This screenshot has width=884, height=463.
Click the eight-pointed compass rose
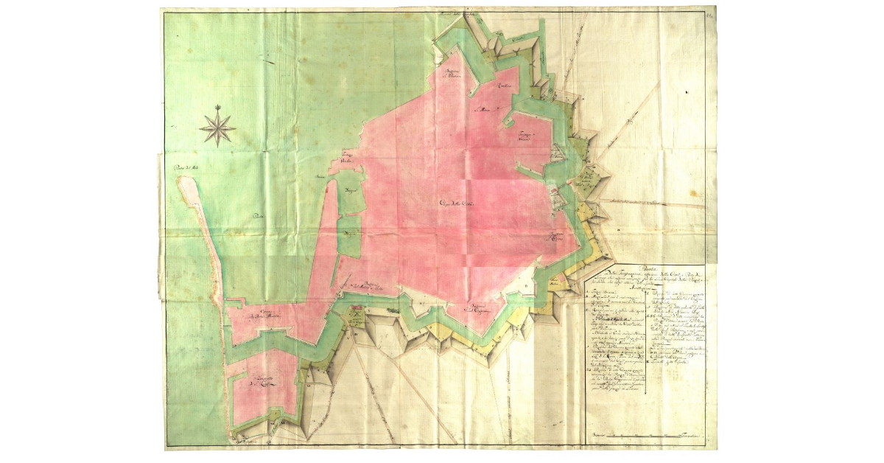coord(218,126)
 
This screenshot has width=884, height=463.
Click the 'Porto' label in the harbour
coord(258,216)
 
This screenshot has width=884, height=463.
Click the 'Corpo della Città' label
coord(458,204)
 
